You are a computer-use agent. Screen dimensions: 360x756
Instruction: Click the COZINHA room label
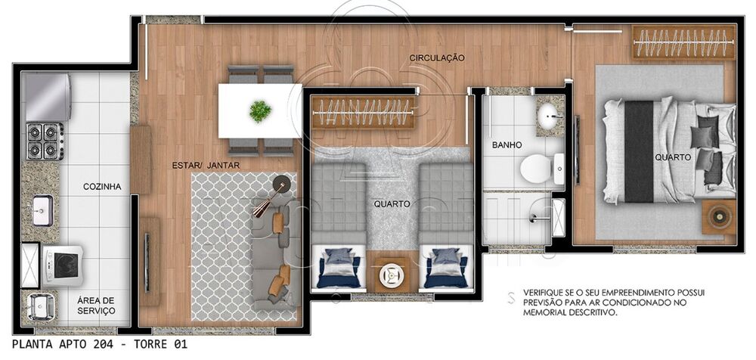pyautogui.click(x=102, y=187)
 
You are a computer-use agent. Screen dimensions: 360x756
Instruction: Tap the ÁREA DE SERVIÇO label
pyautogui.click(x=96, y=306)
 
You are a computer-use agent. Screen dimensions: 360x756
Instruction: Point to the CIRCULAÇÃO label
pyautogui.click(x=437, y=58)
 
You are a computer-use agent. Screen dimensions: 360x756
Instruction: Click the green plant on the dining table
pyautogui.click(x=260, y=111)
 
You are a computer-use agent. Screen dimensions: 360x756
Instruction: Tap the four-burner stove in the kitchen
pyautogui.click(x=45, y=141)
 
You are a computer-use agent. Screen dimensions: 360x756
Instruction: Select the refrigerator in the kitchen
pyautogui.click(x=47, y=97)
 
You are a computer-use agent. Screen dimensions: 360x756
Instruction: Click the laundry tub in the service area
pyautogui.click(x=39, y=307)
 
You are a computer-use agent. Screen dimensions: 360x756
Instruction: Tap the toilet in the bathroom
pyautogui.click(x=538, y=166)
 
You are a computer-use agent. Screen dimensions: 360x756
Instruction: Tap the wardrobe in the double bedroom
pyautogui.click(x=683, y=43)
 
